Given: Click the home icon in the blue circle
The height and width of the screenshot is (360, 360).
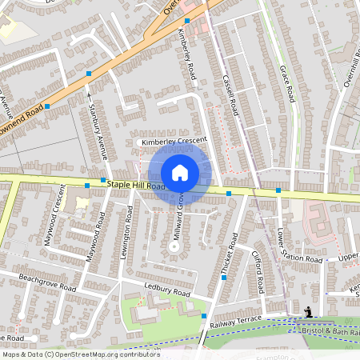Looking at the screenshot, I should [180, 172].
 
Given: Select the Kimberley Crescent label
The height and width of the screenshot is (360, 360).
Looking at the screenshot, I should [174, 142].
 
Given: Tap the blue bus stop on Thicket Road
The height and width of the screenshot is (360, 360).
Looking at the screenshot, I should [224, 278].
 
